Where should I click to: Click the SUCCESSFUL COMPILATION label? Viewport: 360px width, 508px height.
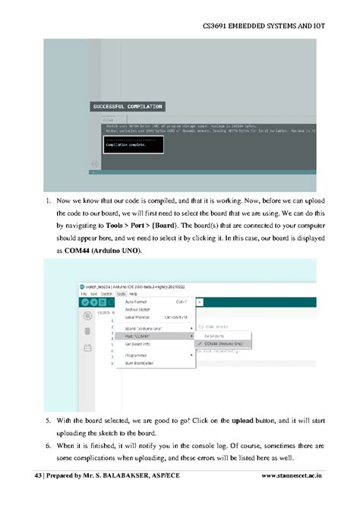click(x=128, y=106)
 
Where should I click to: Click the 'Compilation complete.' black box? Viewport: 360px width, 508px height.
click(x=133, y=144)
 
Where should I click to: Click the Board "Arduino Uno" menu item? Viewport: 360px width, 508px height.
click(x=142, y=328)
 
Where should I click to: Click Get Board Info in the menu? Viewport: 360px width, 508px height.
click(x=139, y=343)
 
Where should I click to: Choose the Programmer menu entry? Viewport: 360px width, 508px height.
click(x=138, y=355)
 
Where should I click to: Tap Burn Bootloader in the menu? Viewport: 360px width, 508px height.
click(x=140, y=363)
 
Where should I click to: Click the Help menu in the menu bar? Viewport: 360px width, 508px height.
click(x=133, y=293)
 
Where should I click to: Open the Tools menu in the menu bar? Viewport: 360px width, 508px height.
click(x=121, y=293)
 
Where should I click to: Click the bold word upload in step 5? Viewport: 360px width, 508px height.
click(x=242, y=420)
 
